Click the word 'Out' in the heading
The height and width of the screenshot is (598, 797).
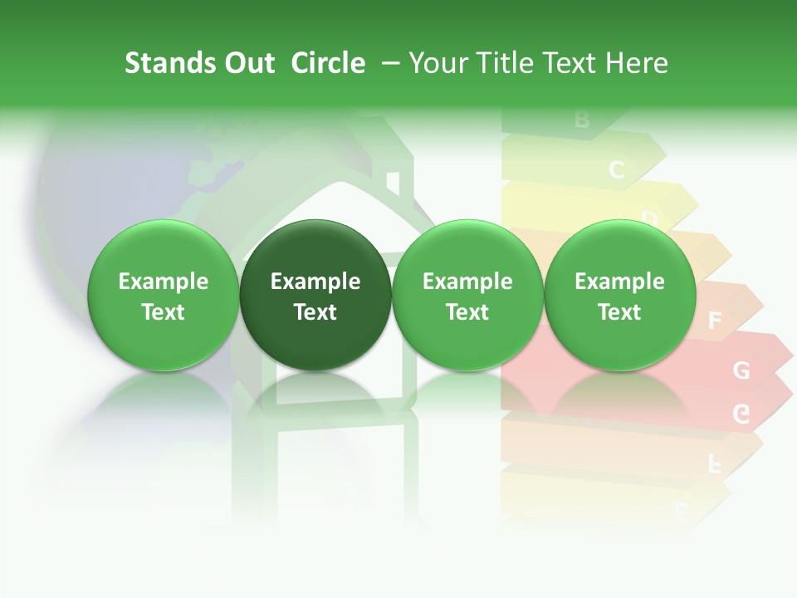coord(247,63)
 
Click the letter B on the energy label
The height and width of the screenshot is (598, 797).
coord(581,120)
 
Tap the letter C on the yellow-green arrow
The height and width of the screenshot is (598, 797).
coord(616,170)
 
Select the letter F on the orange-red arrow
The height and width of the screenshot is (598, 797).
coord(714,320)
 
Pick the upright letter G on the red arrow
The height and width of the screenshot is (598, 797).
coord(741,370)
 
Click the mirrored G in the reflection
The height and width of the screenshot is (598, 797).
coord(741,414)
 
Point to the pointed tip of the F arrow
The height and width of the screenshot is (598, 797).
coord(762,301)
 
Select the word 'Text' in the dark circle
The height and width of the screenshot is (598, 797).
coord(315,312)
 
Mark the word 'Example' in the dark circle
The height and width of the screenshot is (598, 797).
coord(315,282)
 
